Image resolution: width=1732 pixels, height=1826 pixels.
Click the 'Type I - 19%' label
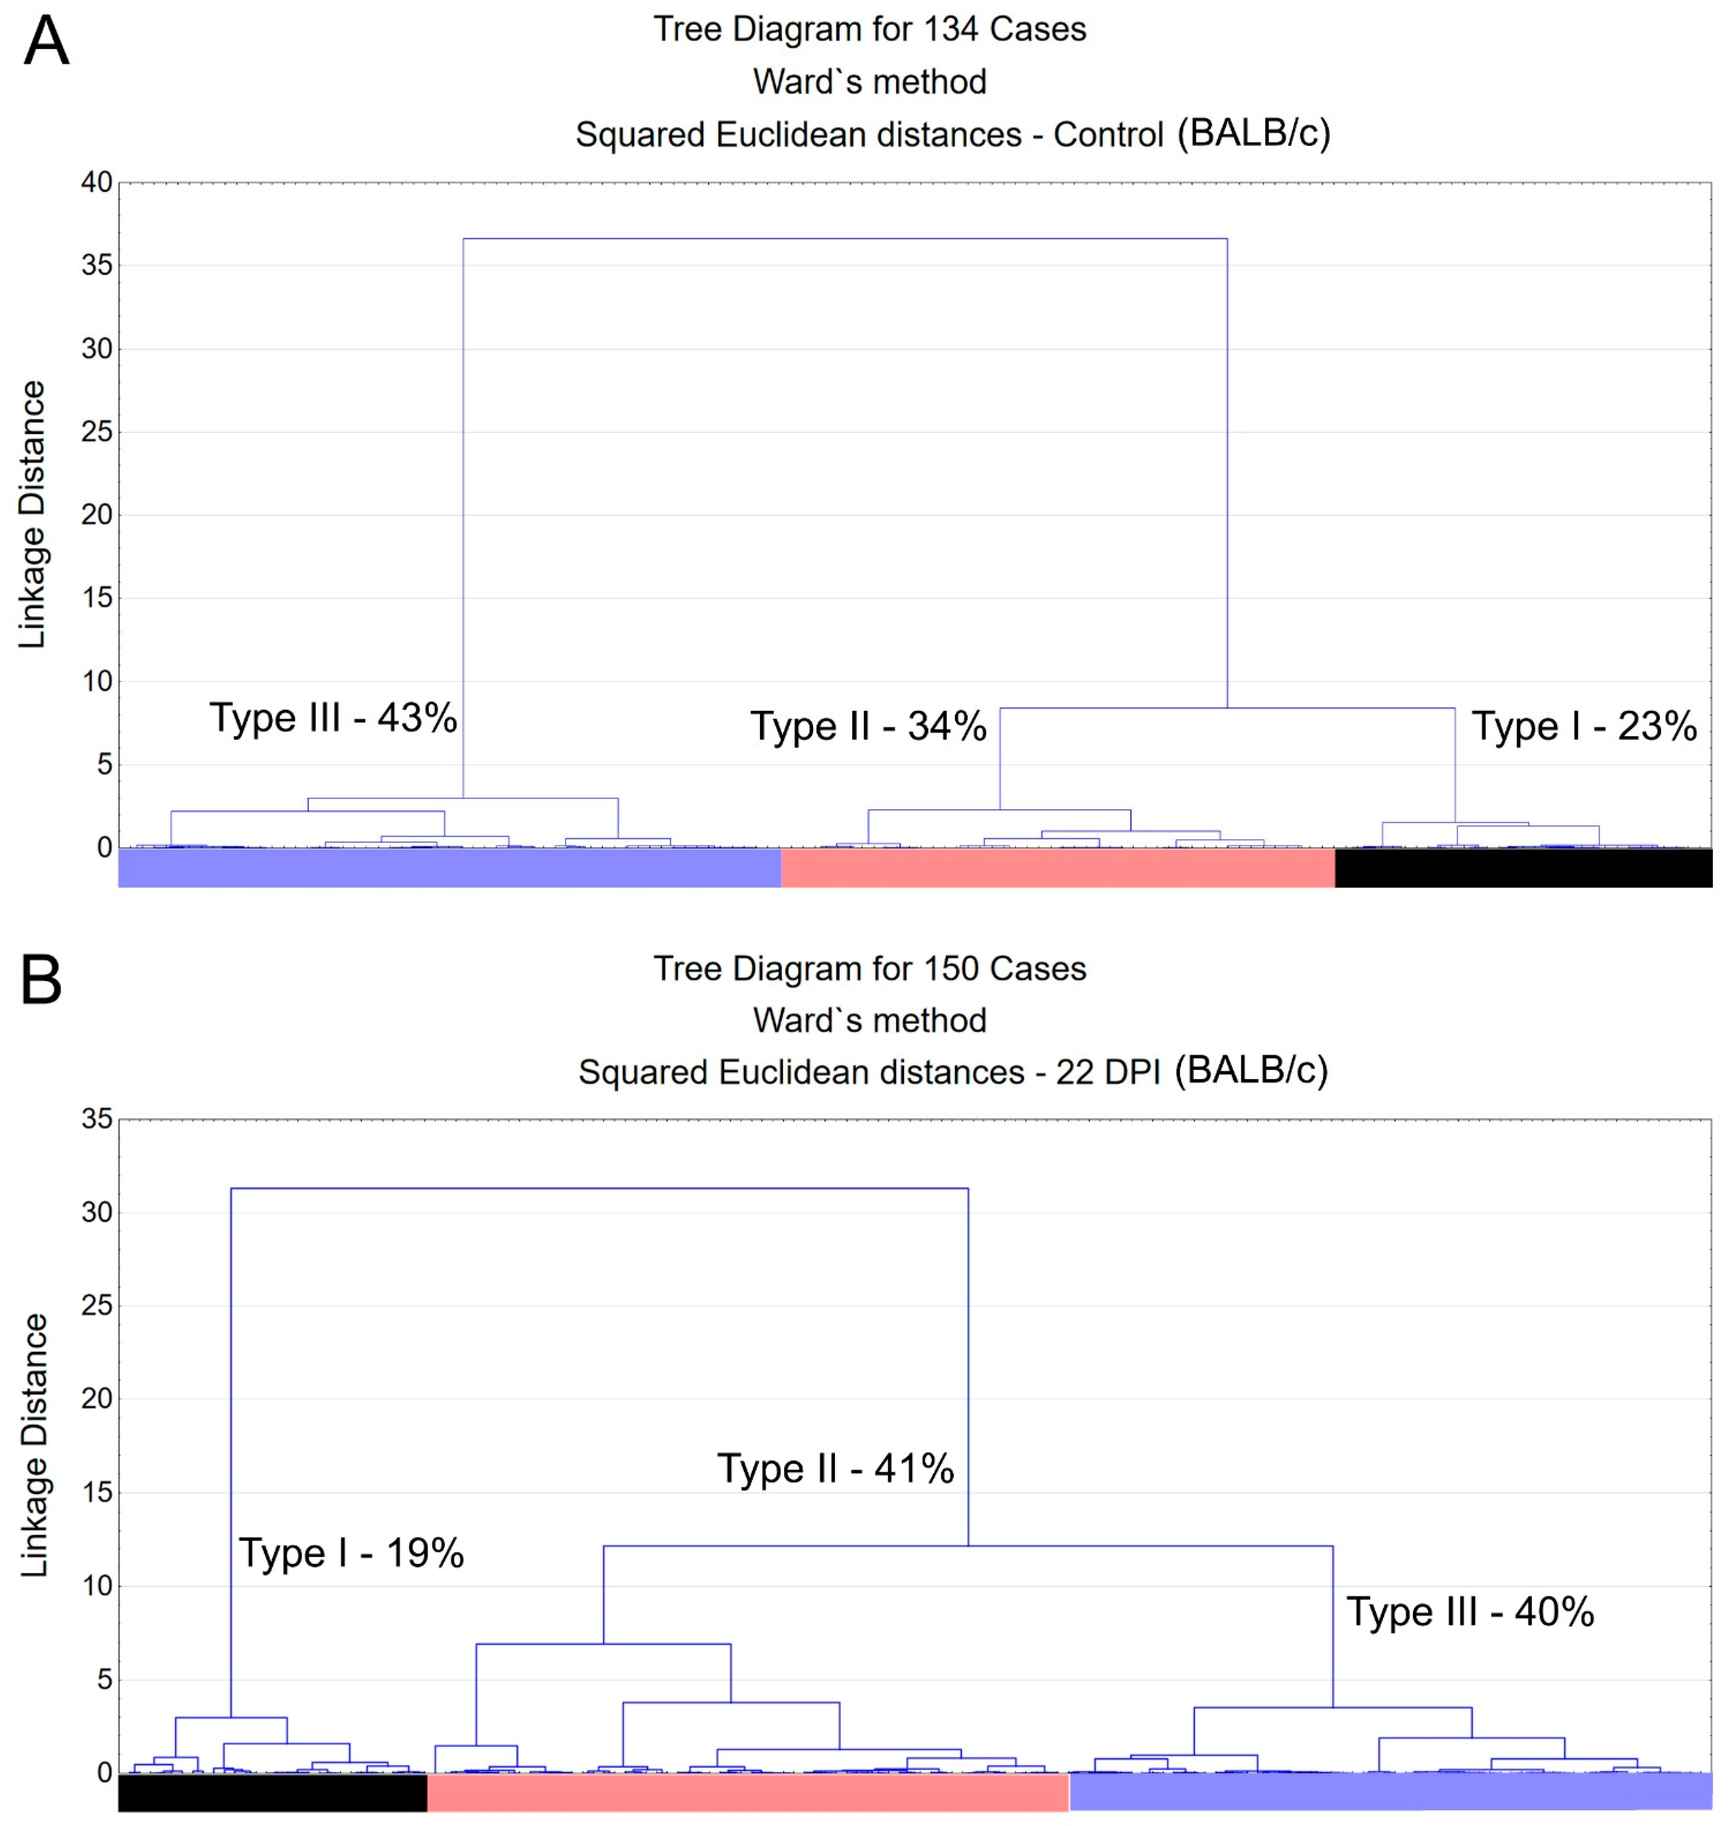tap(351, 1553)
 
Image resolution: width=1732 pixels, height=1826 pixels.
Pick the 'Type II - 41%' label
tap(836, 1468)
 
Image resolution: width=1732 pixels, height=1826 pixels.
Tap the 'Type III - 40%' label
tap(1470, 1612)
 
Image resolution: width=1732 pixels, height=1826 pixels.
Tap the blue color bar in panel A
tap(450, 868)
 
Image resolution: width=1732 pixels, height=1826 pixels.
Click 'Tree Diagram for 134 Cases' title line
tap(870, 30)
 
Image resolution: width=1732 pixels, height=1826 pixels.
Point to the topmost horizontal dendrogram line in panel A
tap(845, 239)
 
